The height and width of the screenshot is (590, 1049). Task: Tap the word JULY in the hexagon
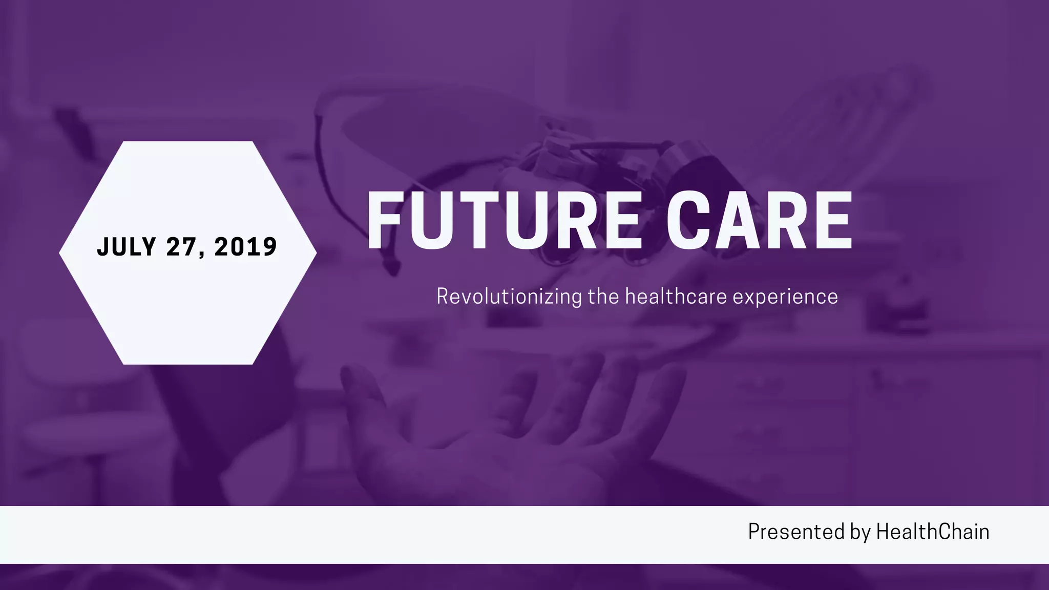point(127,247)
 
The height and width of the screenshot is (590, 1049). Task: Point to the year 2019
point(246,247)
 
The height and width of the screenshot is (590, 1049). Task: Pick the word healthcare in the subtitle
point(676,297)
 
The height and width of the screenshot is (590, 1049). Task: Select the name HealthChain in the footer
point(933,532)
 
